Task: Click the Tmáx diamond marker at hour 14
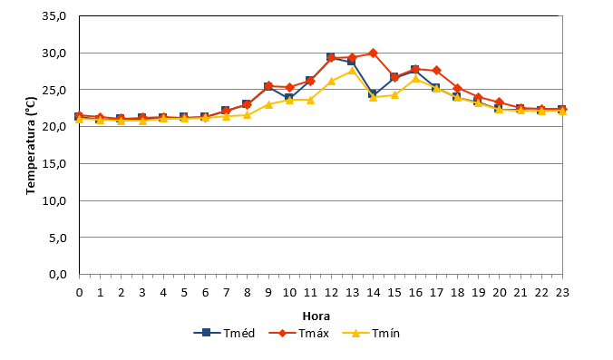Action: (374, 54)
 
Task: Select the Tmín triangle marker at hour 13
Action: (352, 71)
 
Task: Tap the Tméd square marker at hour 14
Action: (373, 93)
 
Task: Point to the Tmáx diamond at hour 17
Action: (437, 71)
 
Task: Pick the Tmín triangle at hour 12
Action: (332, 81)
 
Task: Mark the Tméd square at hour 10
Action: (289, 98)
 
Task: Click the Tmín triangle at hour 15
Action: (394, 95)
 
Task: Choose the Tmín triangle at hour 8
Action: (247, 115)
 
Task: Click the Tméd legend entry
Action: (224, 333)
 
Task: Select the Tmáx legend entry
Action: (298, 333)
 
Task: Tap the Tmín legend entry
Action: (371, 333)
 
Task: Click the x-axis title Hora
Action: (316, 316)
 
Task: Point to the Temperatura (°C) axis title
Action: (31, 145)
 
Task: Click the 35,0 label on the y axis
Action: (54, 16)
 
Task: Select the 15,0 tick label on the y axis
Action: (54, 164)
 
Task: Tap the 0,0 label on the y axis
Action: (58, 275)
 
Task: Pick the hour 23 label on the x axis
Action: (562, 292)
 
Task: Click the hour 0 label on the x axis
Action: (80, 292)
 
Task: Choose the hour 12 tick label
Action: (332, 292)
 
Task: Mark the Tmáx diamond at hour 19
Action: (479, 97)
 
